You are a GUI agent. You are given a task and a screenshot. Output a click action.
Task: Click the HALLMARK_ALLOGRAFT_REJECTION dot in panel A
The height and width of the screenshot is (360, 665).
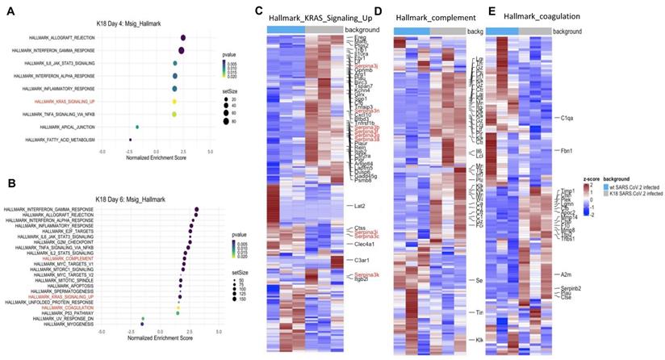pos(183,38)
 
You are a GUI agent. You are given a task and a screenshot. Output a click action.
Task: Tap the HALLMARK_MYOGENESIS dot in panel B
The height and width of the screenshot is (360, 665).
pos(142,324)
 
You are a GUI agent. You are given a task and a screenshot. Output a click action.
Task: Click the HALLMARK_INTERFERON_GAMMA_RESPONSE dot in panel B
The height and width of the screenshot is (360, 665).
pos(196,209)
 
